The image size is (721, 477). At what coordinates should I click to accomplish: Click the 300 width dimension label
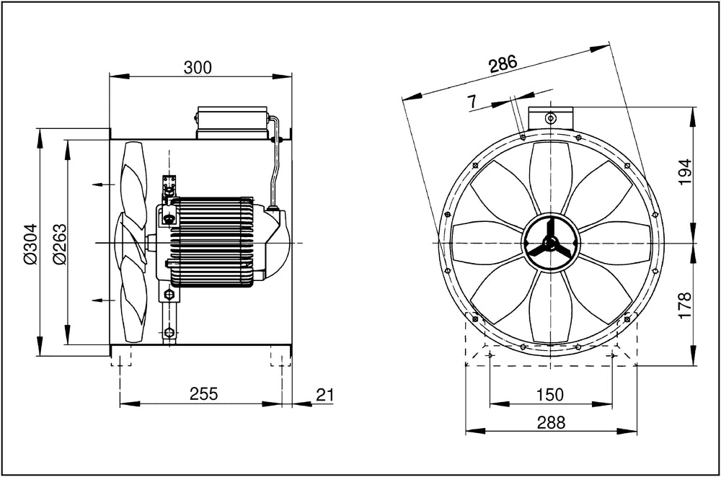pos(198,68)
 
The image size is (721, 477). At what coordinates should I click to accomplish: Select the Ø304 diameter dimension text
pos(30,244)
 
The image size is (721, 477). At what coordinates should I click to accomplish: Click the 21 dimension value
pos(325,394)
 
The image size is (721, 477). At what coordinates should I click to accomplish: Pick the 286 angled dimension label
pos(503,64)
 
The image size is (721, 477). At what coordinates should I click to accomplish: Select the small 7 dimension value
pos(472,102)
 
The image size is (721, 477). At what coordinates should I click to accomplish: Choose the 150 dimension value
pos(550,395)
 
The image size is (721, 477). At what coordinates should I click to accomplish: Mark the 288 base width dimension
pos(551,422)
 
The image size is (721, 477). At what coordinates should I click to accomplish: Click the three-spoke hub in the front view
pos(551,244)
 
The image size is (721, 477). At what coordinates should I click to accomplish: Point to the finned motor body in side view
pos(211,242)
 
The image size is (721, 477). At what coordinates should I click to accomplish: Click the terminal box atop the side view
pos(232,122)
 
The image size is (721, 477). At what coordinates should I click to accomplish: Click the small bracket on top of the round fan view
pos(550,116)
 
